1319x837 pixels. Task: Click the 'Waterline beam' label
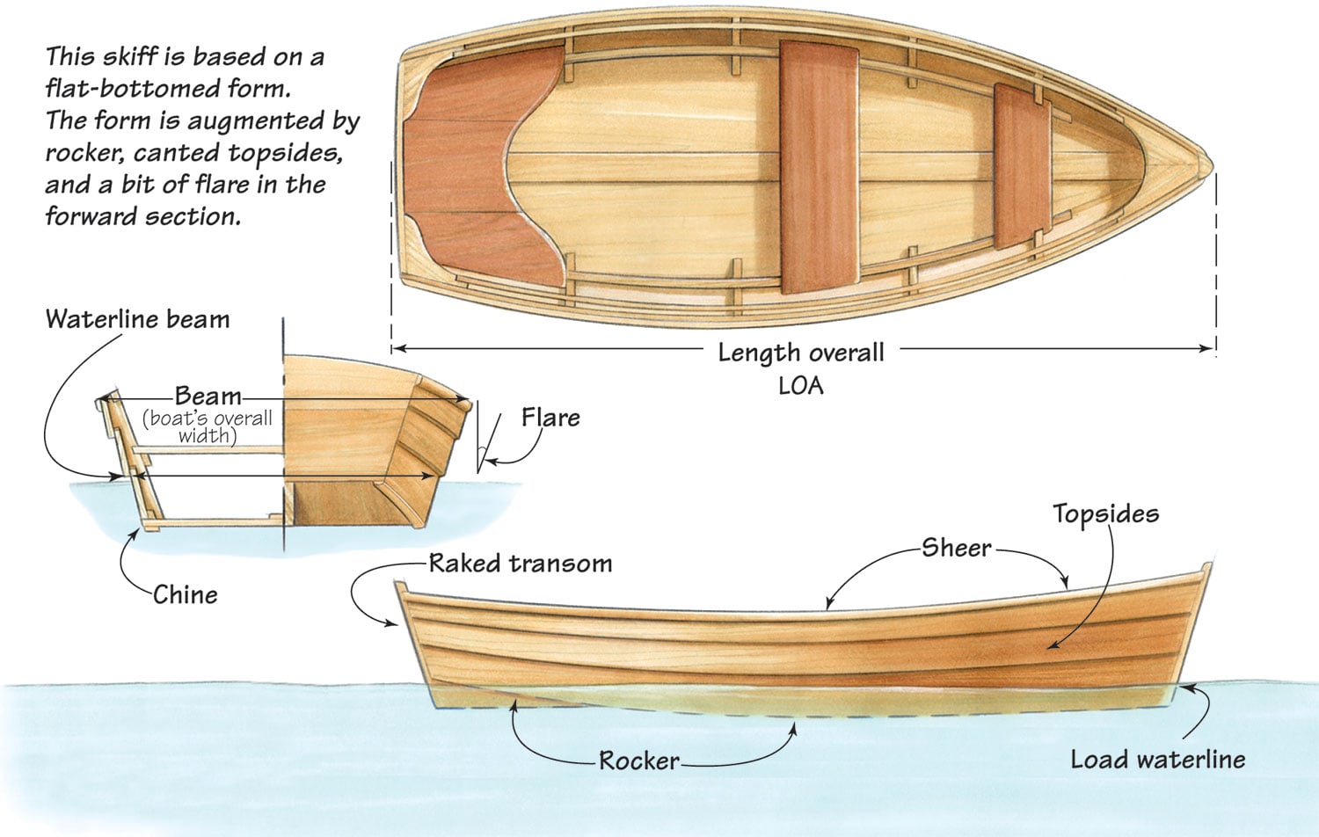pos(137,320)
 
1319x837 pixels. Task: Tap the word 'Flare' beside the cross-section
pos(550,418)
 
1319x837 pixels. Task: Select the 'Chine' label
pos(186,595)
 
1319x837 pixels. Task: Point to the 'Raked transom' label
pos(521,564)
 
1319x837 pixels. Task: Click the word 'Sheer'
pos(957,548)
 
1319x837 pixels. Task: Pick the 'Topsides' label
pos(1106,514)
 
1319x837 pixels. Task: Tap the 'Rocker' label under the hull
pos(639,761)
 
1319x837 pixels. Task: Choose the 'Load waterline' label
pos(1158,760)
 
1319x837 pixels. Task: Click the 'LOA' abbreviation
pos(801,386)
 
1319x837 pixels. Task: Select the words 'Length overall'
pos(801,353)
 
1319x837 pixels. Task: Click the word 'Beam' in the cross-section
pos(208,397)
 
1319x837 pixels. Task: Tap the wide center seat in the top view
pos(819,168)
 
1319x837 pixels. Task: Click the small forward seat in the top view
pos(1022,166)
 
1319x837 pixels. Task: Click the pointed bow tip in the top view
pos(1212,164)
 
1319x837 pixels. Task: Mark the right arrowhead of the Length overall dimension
pos(1207,348)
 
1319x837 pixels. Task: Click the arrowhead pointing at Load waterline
pos(1186,688)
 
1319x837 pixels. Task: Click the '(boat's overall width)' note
pos(208,427)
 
